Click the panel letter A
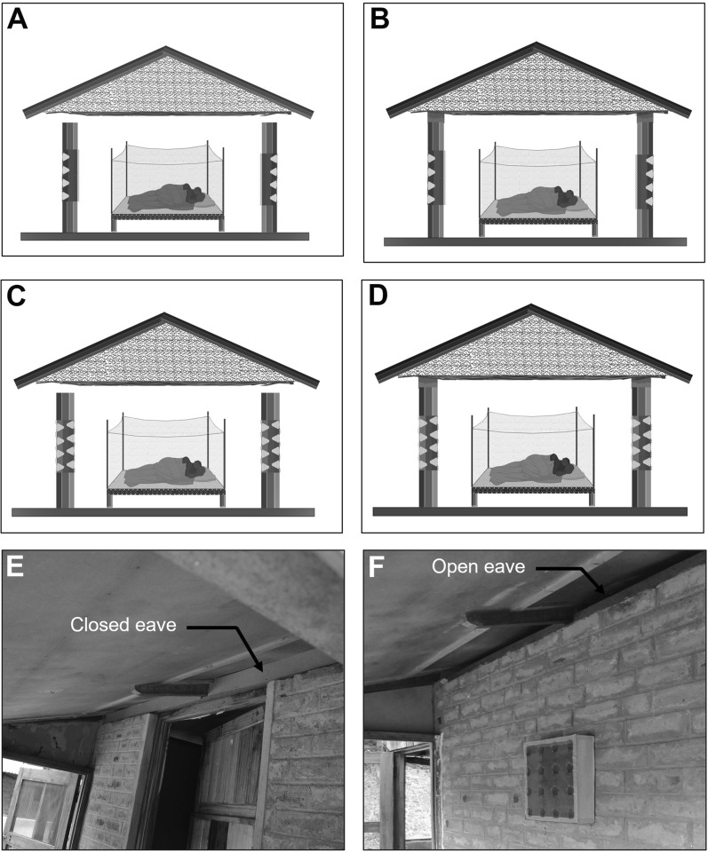18,20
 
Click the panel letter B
381,20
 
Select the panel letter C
19,297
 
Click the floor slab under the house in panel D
529,511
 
